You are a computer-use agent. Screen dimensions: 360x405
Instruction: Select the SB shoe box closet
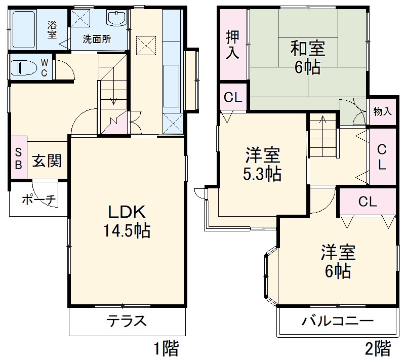18,158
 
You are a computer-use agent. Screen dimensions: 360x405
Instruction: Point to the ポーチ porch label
37,199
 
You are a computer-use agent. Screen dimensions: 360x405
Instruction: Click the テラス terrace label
127,321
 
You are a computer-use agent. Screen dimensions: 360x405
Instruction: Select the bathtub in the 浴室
28,29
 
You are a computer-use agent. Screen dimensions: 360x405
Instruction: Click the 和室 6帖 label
307,58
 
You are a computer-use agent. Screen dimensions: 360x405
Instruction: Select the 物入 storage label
382,111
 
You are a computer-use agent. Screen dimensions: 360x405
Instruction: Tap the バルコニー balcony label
338,321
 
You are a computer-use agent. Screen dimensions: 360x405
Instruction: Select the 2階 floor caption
378,348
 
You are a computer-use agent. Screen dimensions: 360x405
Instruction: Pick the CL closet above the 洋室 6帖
367,202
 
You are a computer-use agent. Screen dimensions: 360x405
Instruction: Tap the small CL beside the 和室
233,98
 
